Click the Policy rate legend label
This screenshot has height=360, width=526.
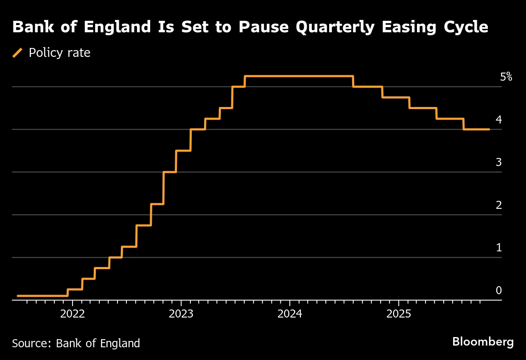pyautogui.click(x=59, y=53)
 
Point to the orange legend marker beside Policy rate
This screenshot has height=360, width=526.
pyautogui.click(x=18, y=53)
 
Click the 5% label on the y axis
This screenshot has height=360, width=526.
pyautogui.click(x=506, y=77)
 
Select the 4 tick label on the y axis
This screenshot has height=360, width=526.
pyautogui.click(x=499, y=120)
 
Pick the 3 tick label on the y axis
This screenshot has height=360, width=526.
pyautogui.click(x=499, y=162)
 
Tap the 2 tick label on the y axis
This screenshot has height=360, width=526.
pyautogui.click(x=499, y=205)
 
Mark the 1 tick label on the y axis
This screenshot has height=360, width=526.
pyautogui.click(x=499, y=247)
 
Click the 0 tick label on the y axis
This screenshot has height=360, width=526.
pyautogui.click(x=499, y=290)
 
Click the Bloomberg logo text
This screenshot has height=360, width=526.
pyautogui.click(x=483, y=342)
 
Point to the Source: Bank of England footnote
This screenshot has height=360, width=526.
pyautogui.click(x=76, y=343)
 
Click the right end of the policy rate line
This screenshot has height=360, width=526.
pyautogui.click(x=489, y=129)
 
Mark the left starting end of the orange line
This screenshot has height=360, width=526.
pyautogui.click(x=18, y=295)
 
